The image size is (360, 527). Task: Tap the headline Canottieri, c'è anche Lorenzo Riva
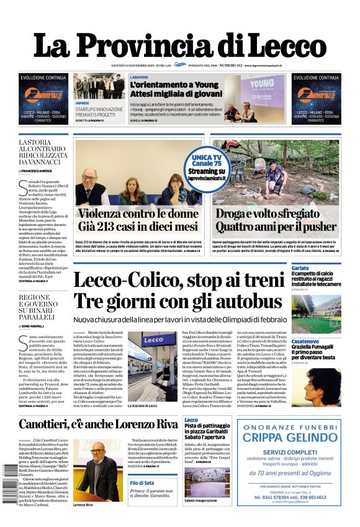point(98,425)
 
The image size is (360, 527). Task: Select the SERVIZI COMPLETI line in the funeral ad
point(289,452)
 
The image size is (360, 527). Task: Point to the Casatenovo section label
point(306,342)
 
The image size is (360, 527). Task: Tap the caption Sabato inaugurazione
point(201,500)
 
